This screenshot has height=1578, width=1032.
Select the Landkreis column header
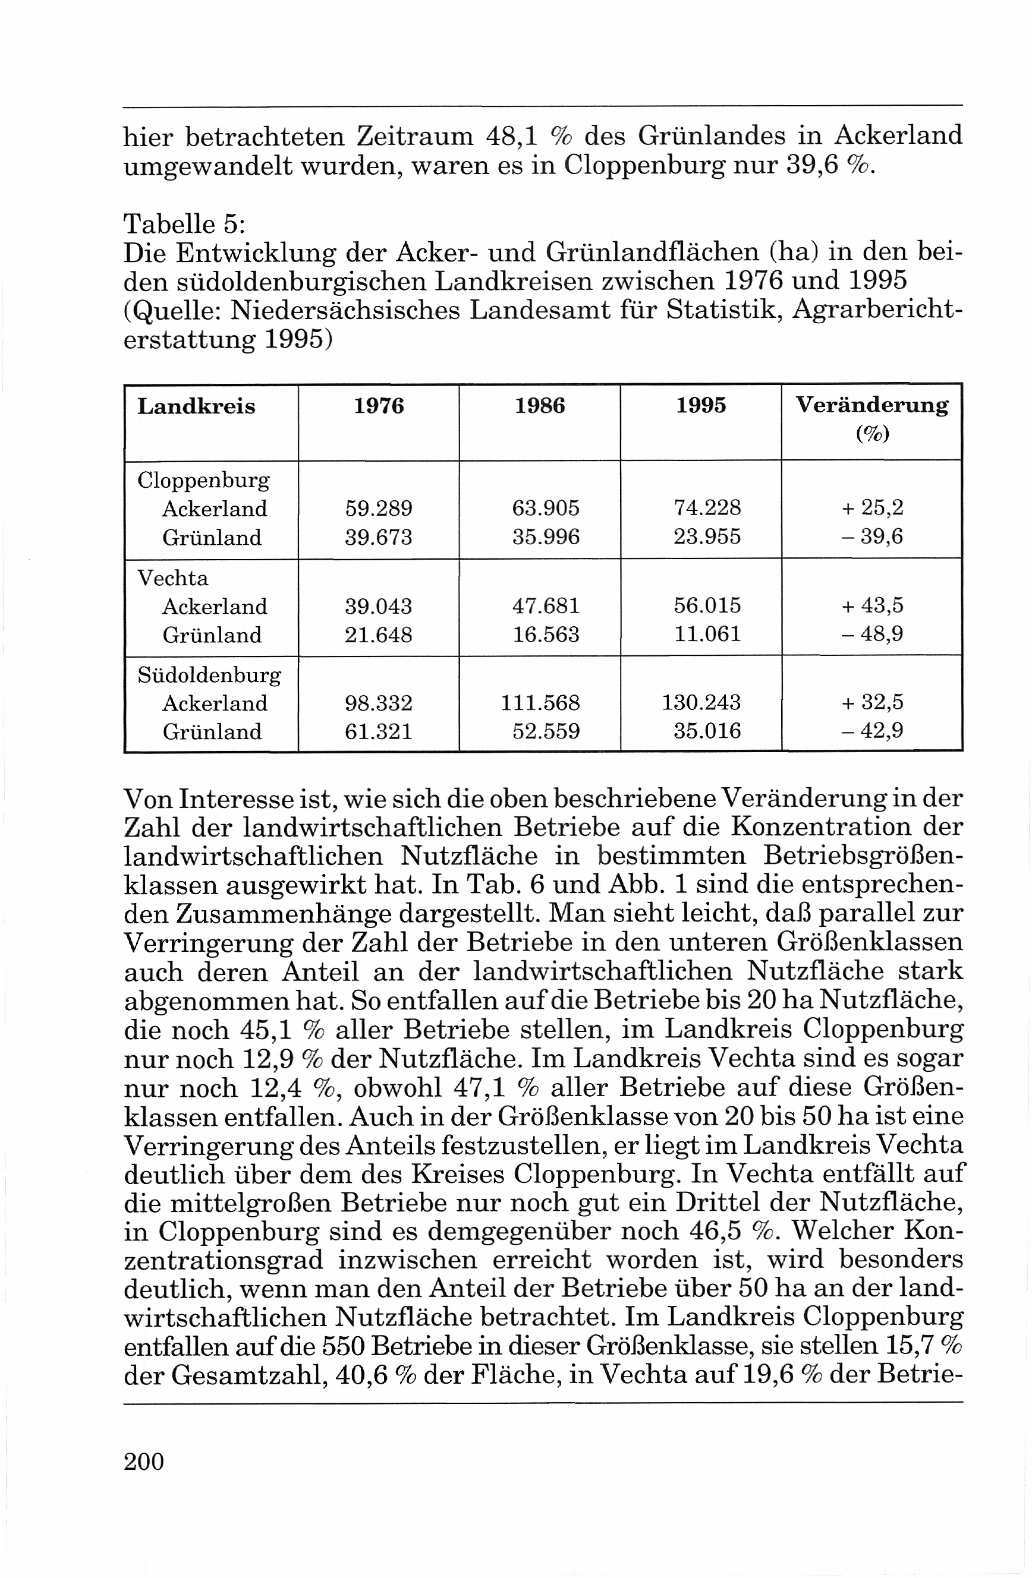196,406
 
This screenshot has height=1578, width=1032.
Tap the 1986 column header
540,405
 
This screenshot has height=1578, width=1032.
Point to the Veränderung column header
871,405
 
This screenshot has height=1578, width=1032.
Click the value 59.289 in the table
379,509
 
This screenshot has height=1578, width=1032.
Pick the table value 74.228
707,507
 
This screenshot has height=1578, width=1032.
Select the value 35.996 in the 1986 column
546,536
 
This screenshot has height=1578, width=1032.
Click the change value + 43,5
872,605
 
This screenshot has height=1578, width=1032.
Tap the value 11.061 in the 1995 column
707,635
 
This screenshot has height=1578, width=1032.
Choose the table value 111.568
540,703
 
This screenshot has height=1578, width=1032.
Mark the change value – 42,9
872,731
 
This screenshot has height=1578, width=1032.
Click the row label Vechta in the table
172,578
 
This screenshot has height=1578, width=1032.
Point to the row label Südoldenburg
209,675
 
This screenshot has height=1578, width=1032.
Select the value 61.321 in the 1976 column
379,731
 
